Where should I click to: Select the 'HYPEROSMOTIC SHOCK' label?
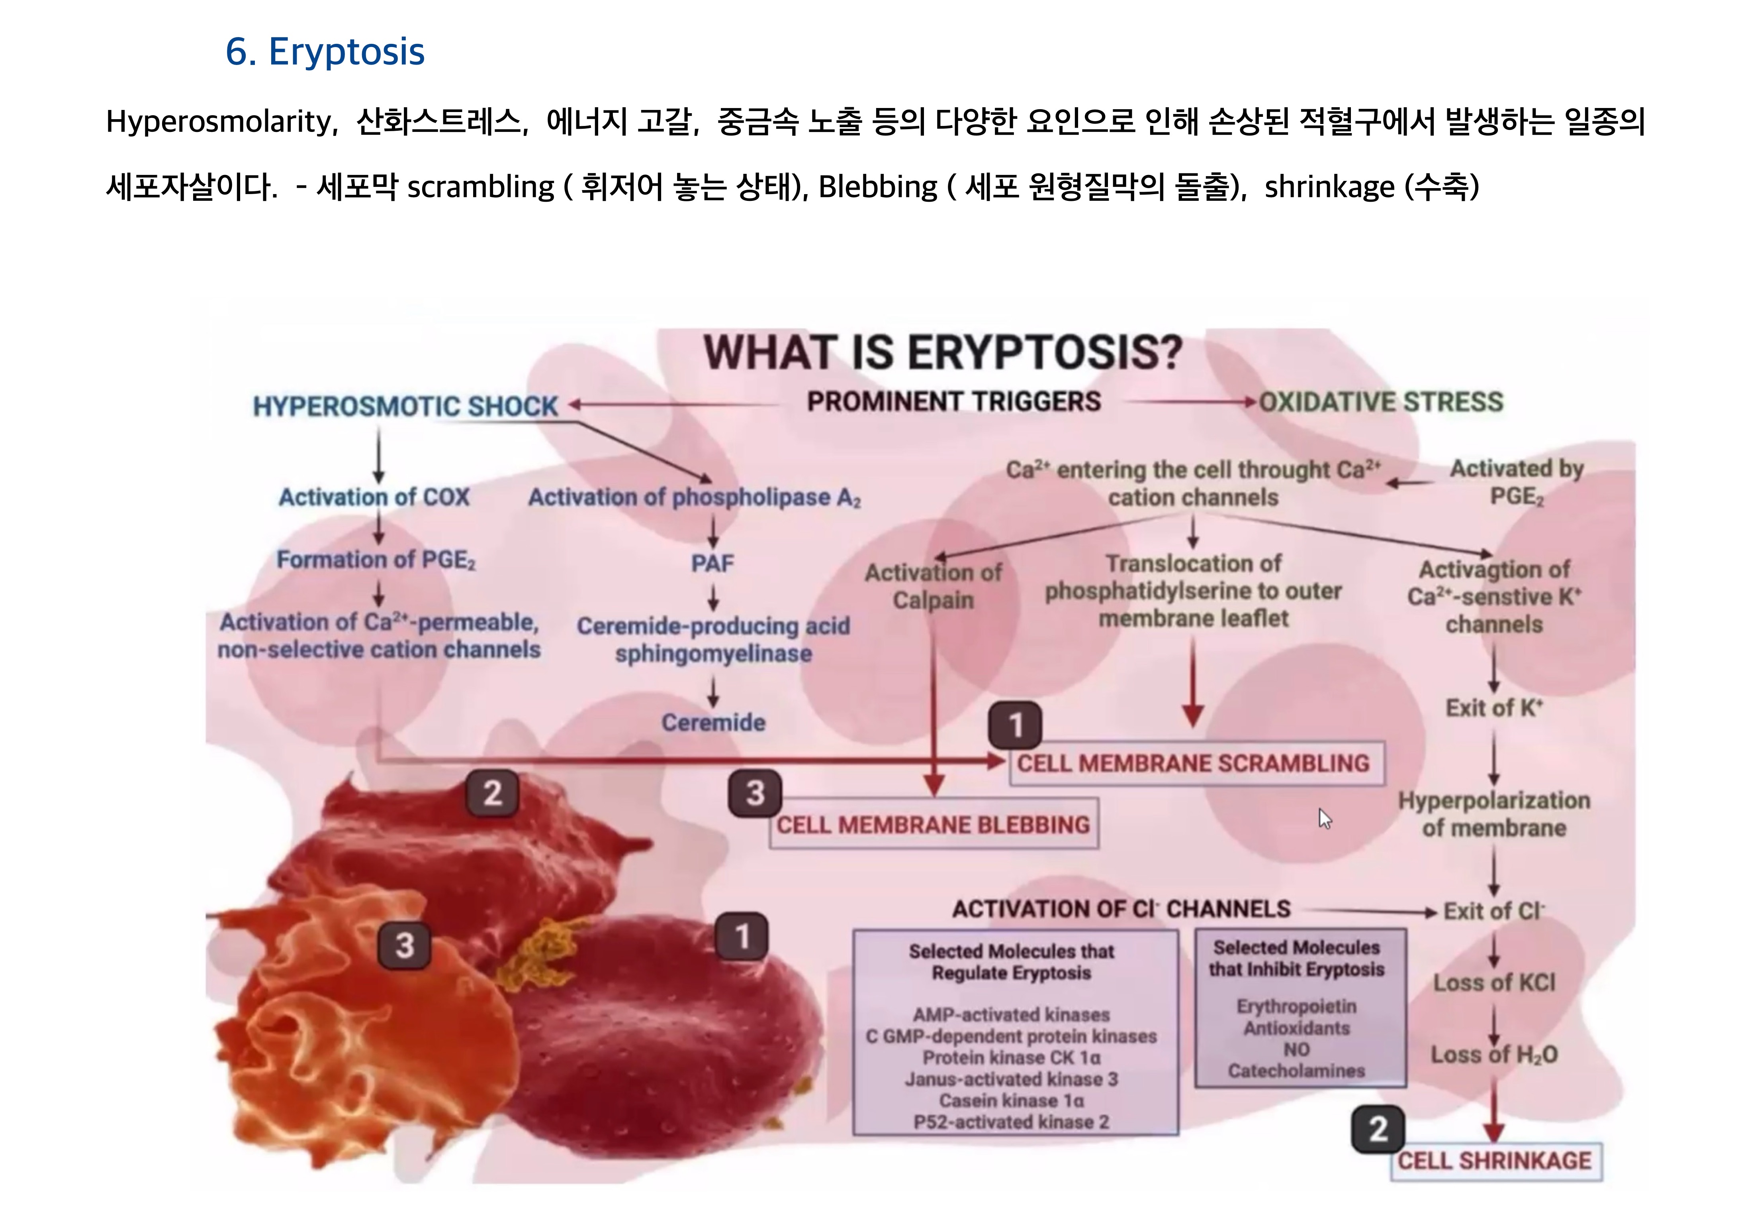point(405,407)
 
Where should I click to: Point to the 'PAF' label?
point(712,564)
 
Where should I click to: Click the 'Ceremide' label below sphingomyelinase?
point(713,723)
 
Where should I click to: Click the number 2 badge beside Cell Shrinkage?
point(1378,1129)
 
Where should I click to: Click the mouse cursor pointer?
point(1324,818)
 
